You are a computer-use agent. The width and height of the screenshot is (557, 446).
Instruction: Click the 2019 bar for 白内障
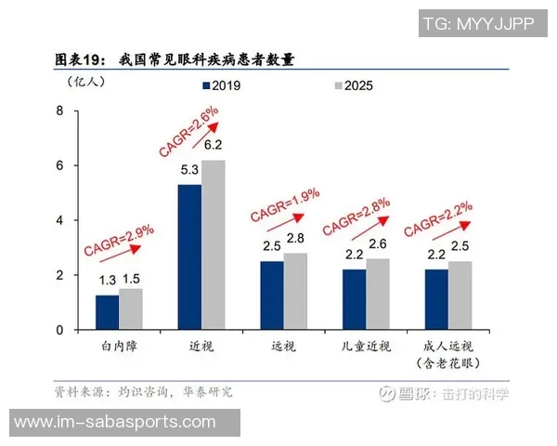point(108,312)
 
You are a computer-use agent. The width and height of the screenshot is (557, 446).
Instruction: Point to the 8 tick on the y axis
point(61,111)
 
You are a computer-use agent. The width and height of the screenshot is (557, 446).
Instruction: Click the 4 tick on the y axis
point(61,221)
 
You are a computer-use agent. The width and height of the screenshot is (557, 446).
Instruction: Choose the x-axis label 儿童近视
point(365,347)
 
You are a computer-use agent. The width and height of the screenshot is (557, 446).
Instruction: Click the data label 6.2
point(214,145)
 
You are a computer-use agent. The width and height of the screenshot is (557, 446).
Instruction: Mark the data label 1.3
point(108,280)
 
